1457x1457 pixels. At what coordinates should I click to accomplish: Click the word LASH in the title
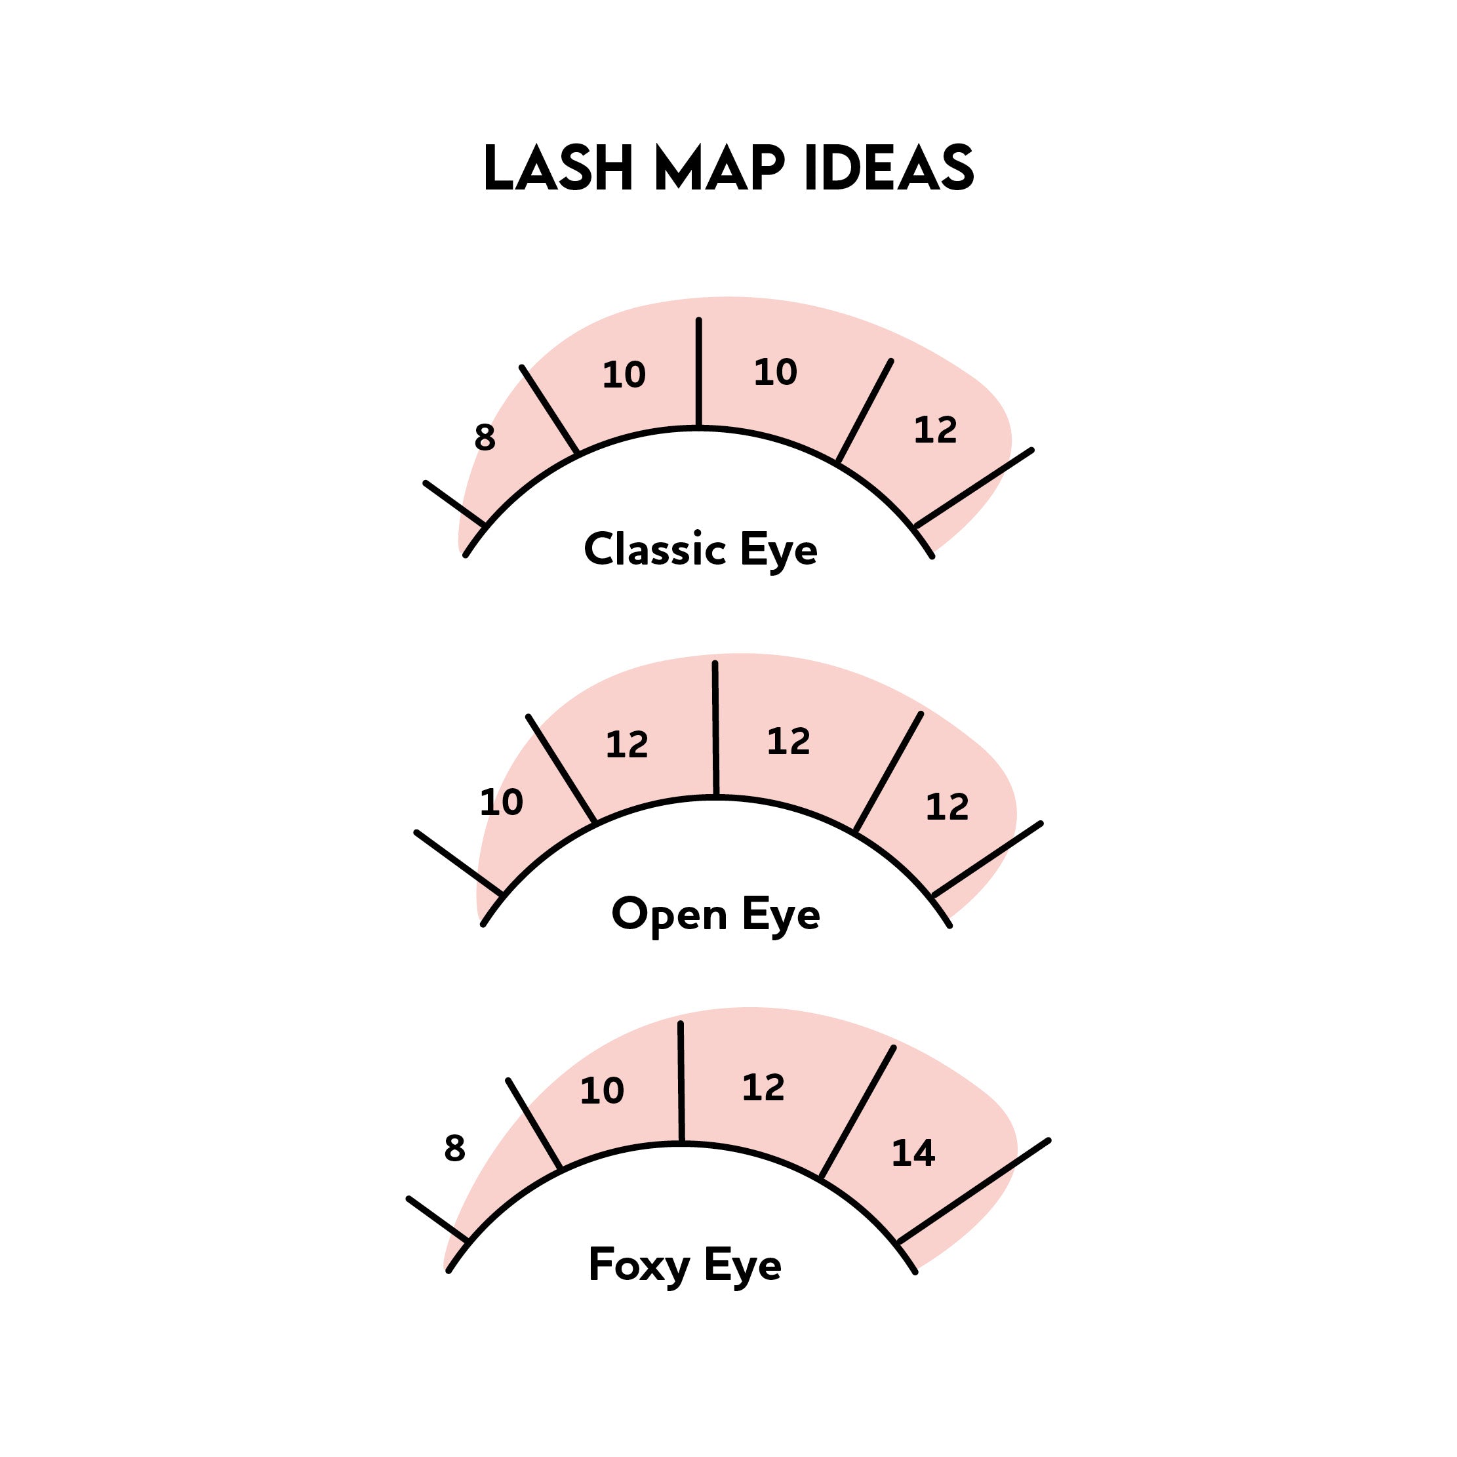tap(557, 167)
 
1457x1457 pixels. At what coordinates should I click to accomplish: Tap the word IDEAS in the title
tap(889, 167)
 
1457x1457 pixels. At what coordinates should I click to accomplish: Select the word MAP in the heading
tap(719, 167)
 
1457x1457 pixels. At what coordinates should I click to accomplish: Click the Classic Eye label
tap(700, 549)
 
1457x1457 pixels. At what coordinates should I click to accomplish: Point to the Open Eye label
tap(715, 915)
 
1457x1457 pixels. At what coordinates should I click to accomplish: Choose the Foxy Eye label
tap(684, 1266)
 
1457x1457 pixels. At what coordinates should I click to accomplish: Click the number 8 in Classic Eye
tap(485, 437)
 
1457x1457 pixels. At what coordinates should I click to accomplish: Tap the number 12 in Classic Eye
tap(935, 431)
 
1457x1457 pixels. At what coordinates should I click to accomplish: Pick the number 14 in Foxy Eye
tap(913, 1153)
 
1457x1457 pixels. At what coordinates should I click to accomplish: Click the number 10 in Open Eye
tap(502, 803)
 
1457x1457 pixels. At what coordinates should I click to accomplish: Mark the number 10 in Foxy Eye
tap(602, 1090)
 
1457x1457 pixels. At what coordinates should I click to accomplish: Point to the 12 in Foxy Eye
tap(763, 1087)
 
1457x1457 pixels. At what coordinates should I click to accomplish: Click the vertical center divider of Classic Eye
tap(698, 373)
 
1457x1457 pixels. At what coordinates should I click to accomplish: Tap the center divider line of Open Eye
tap(715, 728)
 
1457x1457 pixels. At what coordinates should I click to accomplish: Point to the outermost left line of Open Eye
tap(458, 863)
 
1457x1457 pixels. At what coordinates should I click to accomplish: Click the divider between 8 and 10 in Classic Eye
tap(549, 410)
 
